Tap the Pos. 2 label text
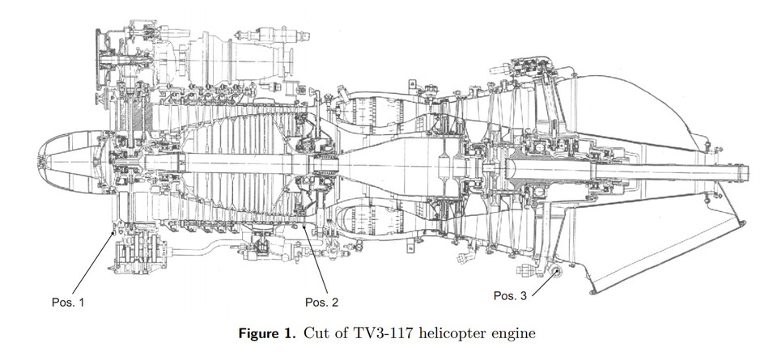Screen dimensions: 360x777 [x=321, y=302]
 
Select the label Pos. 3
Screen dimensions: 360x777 [x=510, y=296]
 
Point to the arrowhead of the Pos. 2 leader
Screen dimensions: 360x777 [x=304, y=229]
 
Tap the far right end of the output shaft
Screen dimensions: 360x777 [x=747, y=171]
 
